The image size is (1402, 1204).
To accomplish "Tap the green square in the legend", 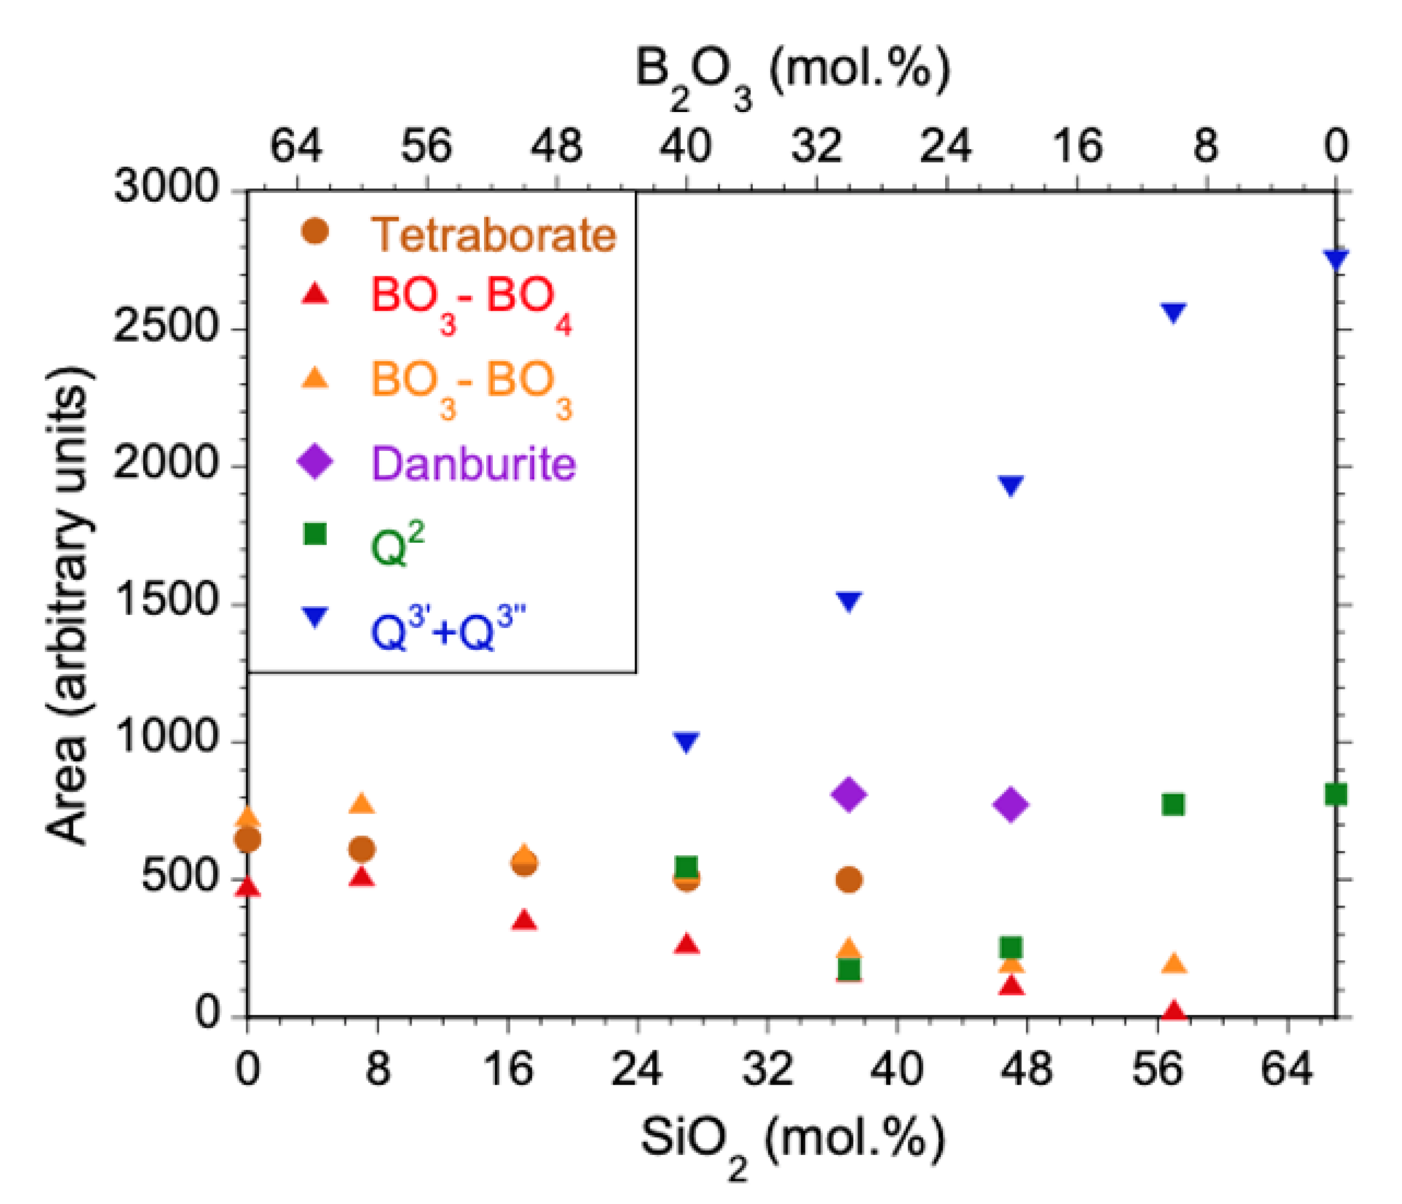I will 315,534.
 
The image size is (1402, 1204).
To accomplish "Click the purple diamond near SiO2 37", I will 849,794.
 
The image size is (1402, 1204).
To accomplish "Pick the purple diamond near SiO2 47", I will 1011,805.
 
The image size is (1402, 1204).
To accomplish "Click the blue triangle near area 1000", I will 686,742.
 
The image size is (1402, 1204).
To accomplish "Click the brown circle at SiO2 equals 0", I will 247,840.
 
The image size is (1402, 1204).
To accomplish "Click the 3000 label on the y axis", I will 166,186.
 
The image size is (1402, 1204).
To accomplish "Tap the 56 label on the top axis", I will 426,146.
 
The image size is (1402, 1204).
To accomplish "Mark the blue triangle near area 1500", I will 849,600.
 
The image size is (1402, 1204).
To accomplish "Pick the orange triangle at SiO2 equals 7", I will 362,803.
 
